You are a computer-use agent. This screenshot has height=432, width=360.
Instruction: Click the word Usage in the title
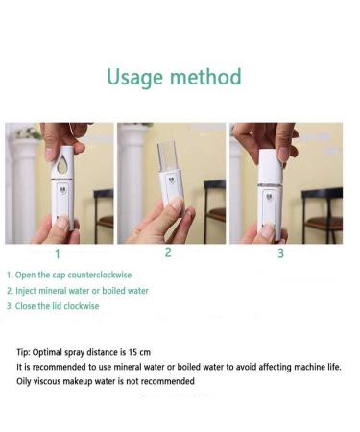coord(134,77)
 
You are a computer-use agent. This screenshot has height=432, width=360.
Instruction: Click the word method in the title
coord(205,77)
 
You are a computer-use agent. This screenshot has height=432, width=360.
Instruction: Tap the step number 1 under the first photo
coord(58,254)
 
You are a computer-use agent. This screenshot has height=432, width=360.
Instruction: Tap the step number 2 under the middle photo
coord(168,252)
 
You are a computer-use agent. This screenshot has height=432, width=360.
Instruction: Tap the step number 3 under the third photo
coord(280,253)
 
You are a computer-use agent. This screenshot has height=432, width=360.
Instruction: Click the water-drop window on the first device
coord(61,164)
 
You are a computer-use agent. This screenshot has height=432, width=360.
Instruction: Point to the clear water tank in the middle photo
coord(167,157)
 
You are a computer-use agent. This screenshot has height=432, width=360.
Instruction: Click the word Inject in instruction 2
coord(24,291)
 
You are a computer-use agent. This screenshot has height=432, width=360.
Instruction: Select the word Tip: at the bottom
coord(24,352)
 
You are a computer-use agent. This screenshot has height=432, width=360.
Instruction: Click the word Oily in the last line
coord(24,381)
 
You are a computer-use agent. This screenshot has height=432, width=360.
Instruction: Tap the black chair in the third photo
coord(322,215)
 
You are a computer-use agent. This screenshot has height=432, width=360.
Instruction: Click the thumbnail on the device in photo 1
coord(62,223)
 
